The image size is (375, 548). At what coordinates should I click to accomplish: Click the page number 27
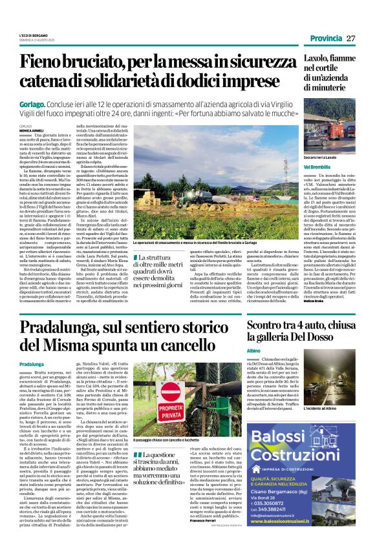pos(351,38)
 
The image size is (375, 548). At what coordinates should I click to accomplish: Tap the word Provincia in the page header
pos(327,38)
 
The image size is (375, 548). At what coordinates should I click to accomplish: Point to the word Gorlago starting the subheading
pos(33,103)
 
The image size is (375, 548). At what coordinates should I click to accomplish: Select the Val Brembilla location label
pos(285,167)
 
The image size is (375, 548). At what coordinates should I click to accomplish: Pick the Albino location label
pos(254,367)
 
